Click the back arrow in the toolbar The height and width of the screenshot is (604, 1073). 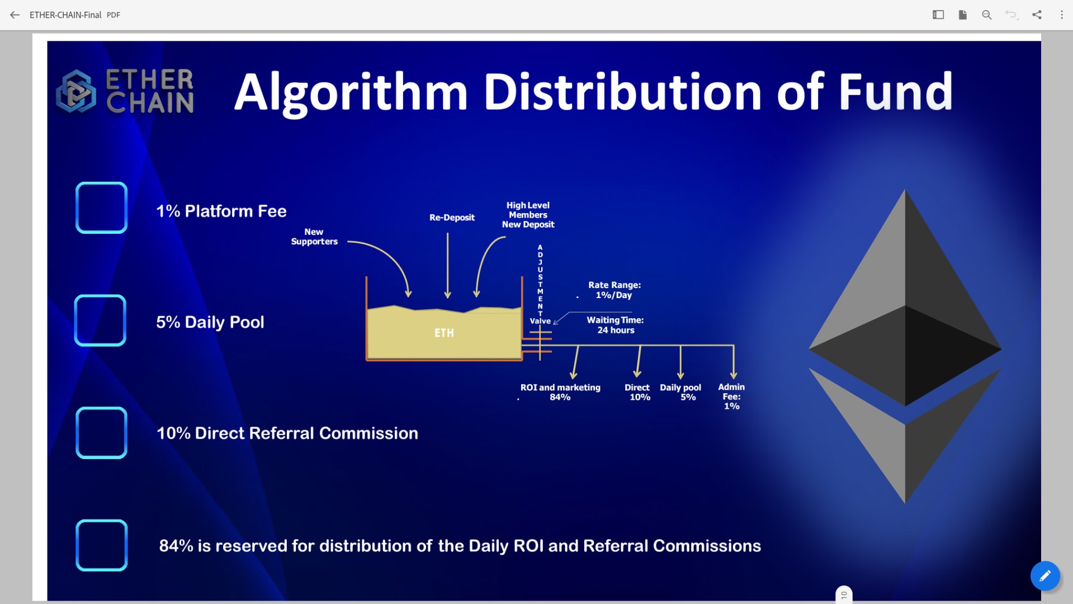(x=15, y=15)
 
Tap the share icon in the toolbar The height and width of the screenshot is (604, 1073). (x=1037, y=15)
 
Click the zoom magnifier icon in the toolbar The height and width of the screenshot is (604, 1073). (x=987, y=15)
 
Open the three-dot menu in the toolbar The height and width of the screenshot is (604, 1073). (x=1062, y=15)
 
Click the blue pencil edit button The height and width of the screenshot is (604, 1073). (x=1045, y=576)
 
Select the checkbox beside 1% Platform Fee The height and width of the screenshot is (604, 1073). (x=101, y=207)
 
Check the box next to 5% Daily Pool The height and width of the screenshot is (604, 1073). (x=100, y=320)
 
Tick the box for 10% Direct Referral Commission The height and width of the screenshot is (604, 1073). (x=101, y=433)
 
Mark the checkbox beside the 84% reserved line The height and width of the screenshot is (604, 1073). (x=101, y=545)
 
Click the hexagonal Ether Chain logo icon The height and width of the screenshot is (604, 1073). (x=76, y=91)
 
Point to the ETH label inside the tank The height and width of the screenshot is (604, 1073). (x=444, y=333)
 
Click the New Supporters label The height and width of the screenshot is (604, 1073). (x=314, y=237)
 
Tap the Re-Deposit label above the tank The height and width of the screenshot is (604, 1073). (x=452, y=218)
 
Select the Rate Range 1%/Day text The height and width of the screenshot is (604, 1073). (x=614, y=290)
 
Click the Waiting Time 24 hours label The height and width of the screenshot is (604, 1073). (x=615, y=325)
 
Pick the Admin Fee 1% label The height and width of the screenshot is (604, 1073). (x=731, y=397)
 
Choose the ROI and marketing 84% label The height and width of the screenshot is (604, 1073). (x=560, y=392)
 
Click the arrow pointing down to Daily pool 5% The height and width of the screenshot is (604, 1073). (x=680, y=362)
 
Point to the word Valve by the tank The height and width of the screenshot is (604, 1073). (x=540, y=321)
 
